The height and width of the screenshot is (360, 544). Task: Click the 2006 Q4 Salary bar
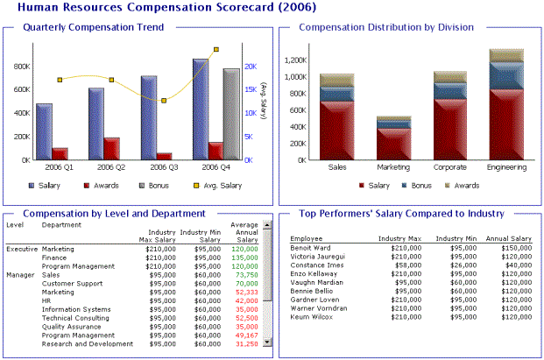pyautogui.click(x=201, y=109)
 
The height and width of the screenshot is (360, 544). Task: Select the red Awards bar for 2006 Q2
pyautogui.click(x=112, y=149)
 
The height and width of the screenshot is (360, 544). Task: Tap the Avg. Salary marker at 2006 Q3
pyautogui.click(x=164, y=101)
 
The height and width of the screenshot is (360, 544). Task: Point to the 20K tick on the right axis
pyautogui.click(x=250, y=67)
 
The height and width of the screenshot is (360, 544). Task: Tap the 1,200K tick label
pyautogui.click(x=294, y=60)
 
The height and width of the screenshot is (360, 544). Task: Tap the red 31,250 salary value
pyautogui.click(x=246, y=344)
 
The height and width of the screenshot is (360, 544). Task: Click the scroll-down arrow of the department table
pyautogui.click(x=266, y=344)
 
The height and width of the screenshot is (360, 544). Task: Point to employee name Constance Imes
pyautogui.click(x=316, y=265)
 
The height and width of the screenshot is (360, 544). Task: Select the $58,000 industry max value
pyautogui.click(x=404, y=265)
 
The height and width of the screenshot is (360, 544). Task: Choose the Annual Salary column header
pyautogui.click(x=509, y=238)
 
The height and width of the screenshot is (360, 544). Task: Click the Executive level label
pyautogui.click(x=22, y=249)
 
